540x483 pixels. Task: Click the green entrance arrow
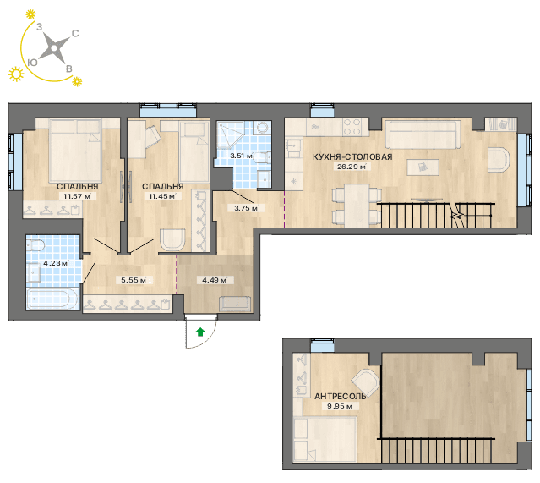pos(200,332)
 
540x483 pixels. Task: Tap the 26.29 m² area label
pos(352,167)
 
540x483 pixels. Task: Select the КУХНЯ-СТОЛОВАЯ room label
pos(352,156)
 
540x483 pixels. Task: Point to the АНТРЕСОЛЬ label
pos(340,397)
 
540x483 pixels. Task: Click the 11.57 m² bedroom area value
pos(77,196)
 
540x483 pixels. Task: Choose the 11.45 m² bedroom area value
pos(162,196)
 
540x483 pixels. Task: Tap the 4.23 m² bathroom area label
pos(56,263)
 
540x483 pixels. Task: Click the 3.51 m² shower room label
pos(242,156)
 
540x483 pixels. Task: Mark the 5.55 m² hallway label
pos(134,280)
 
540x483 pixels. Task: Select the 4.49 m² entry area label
pos(215,280)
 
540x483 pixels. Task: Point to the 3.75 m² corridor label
pos(247,208)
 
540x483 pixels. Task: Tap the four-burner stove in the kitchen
pos(352,127)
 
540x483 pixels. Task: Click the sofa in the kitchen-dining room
pos(423,134)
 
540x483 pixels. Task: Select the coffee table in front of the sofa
pos(423,167)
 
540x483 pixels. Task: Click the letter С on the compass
pos(75,33)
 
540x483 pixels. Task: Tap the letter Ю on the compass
pos(32,62)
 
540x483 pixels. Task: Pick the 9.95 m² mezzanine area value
pos(340,406)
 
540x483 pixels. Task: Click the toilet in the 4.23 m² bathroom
pos(36,245)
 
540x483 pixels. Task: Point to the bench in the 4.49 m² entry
pos(235,304)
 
